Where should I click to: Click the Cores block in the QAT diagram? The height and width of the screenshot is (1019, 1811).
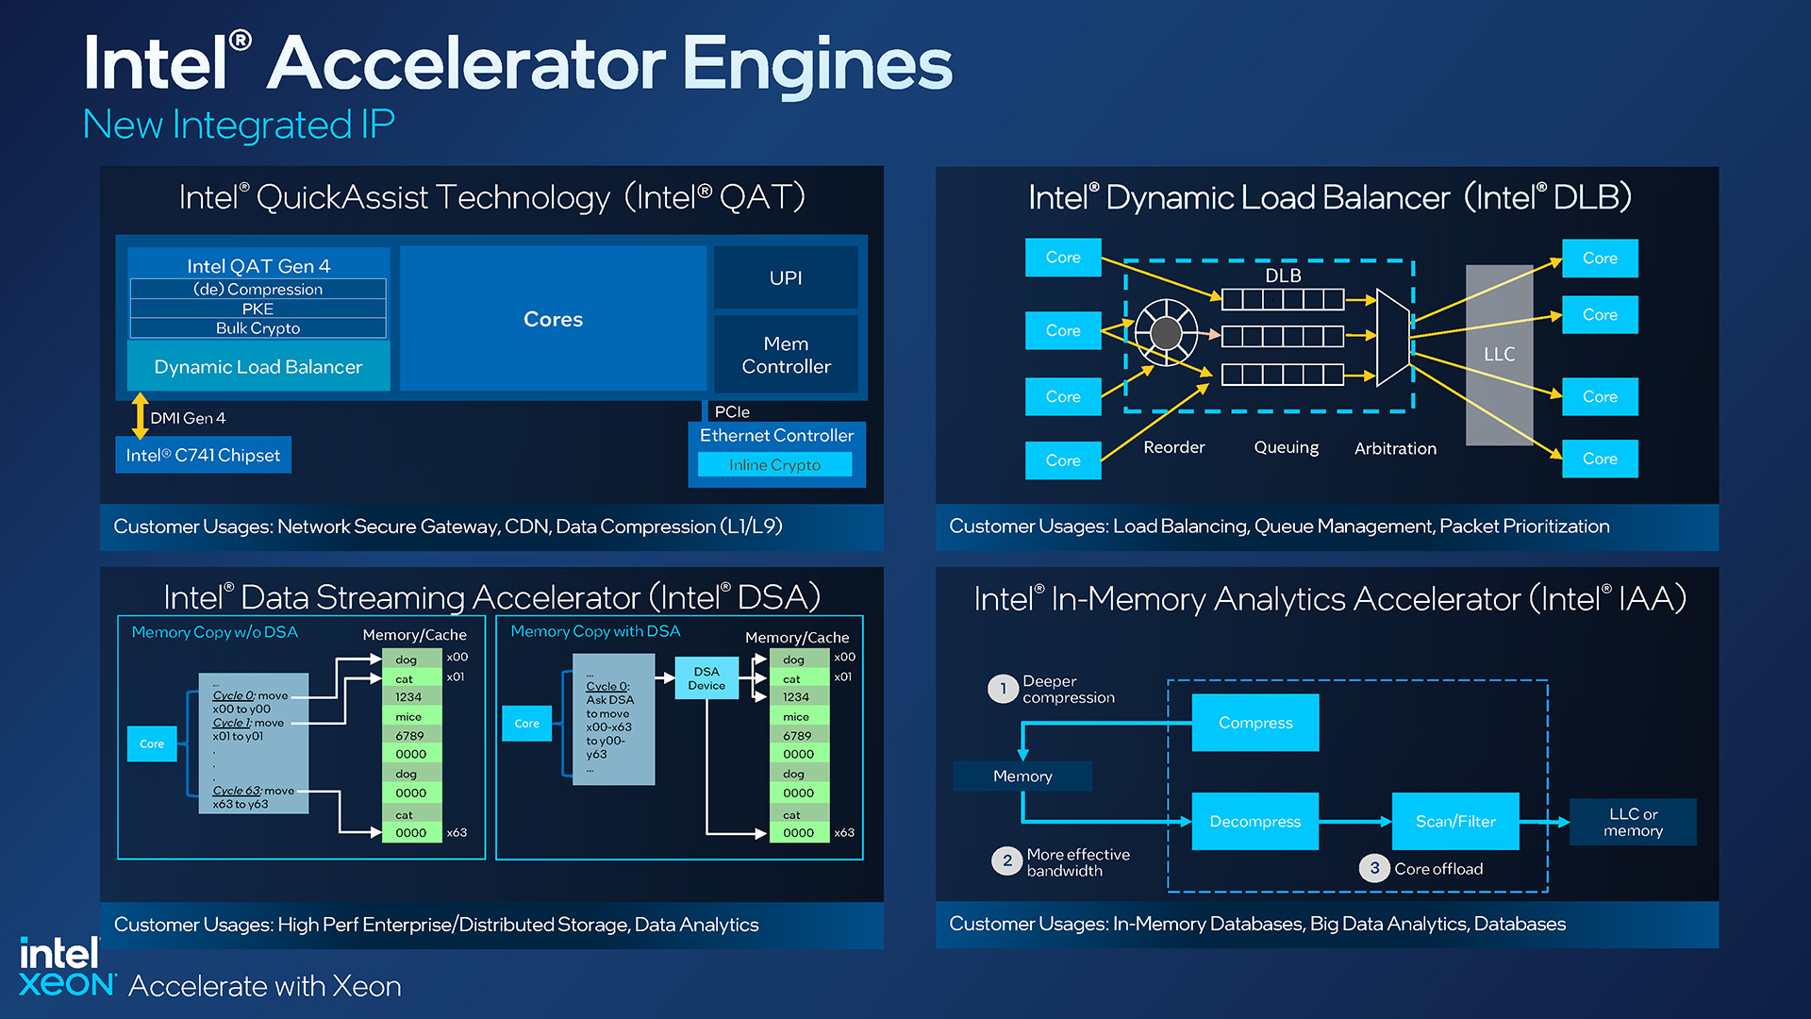pos(553,319)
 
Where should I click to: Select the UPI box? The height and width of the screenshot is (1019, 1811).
pos(785,277)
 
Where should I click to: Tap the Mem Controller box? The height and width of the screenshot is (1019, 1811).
pos(785,355)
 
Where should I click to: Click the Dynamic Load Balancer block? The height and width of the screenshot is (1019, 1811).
pos(258,367)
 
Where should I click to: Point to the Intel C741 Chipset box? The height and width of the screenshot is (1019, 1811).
pos(203,455)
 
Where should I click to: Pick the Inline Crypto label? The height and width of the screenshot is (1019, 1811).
pos(774,465)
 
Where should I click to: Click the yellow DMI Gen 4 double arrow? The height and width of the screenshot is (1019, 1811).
pos(140,416)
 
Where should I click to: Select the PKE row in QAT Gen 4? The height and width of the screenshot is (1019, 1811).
pos(258,309)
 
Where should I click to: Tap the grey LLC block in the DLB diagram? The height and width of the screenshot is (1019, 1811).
pos(1499,354)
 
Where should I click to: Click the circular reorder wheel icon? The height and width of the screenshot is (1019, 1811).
pos(1166,332)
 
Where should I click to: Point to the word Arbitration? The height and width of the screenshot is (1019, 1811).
pos(1395,448)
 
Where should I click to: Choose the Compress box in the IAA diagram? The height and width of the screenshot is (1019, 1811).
pos(1254,723)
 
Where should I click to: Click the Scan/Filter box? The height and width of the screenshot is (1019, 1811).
pos(1454,821)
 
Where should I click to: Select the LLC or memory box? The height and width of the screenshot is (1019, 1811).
pos(1633,822)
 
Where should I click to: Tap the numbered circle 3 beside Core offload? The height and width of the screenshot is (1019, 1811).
pos(1373,868)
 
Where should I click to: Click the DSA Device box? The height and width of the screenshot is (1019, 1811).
pos(706,678)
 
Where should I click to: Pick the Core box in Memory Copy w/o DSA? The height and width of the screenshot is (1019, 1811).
pos(152,743)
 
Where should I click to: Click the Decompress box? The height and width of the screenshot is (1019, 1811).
pos(1254,821)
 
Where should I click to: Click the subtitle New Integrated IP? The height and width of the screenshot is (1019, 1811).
pos(239,125)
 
